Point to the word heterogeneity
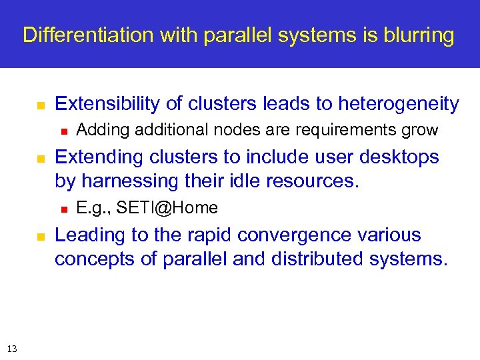coord(399,104)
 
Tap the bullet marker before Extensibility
coord(40,105)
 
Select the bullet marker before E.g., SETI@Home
coord(64,209)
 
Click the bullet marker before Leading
coord(40,236)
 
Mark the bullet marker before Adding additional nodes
coord(64,131)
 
